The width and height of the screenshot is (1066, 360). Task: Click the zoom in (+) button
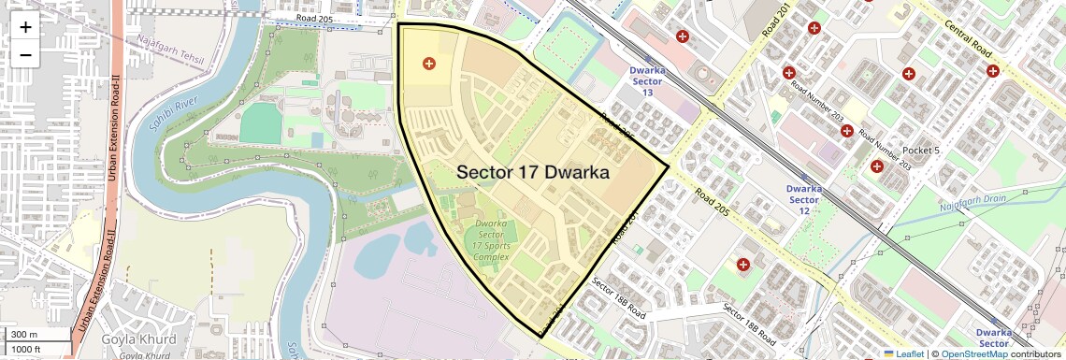[25, 26]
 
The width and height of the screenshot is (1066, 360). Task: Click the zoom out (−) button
[25, 54]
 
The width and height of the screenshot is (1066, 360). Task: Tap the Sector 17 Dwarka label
[532, 173]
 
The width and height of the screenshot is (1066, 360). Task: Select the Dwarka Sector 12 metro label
[804, 194]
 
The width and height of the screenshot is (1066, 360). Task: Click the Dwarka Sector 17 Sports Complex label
[491, 240]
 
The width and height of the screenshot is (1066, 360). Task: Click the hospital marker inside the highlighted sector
[429, 64]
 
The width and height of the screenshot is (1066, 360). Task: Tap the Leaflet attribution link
[902, 353]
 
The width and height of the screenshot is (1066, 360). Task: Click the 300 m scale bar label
[24, 334]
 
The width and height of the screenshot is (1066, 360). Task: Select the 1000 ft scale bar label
[26, 349]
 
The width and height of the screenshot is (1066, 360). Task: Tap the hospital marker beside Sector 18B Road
[743, 266]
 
